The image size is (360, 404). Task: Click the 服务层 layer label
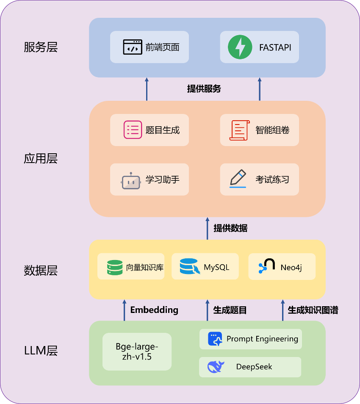pyautogui.click(x=41, y=47)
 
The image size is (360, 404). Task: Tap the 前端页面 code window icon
pyautogui.click(x=133, y=47)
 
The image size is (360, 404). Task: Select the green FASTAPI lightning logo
pyautogui.click(x=240, y=47)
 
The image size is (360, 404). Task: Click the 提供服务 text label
pyautogui.click(x=204, y=89)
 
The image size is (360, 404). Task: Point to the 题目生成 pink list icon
pyautogui.click(x=133, y=130)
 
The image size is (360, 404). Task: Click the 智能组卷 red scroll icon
pyautogui.click(x=239, y=130)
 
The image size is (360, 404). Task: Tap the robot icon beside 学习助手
pyautogui.click(x=131, y=180)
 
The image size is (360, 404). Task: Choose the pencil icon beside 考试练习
pyautogui.click(x=238, y=178)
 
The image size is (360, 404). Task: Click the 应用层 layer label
pyautogui.click(x=41, y=158)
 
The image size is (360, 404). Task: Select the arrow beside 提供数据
pyautogui.click(x=207, y=229)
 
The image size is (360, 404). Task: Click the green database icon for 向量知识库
pyautogui.click(x=115, y=267)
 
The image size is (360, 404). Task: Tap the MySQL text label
pyautogui.click(x=216, y=267)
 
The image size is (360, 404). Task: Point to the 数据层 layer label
pyautogui.click(x=41, y=270)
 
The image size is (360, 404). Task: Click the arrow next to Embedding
pyautogui.click(x=125, y=310)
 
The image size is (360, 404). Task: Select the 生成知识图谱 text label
pyautogui.click(x=313, y=310)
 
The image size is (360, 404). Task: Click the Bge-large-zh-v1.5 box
pyautogui.click(x=137, y=351)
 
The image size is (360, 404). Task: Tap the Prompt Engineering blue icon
pyautogui.click(x=215, y=339)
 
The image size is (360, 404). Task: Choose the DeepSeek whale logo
pyautogui.click(x=216, y=367)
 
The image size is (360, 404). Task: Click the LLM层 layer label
pyautogui.click(x=41, y=351)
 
